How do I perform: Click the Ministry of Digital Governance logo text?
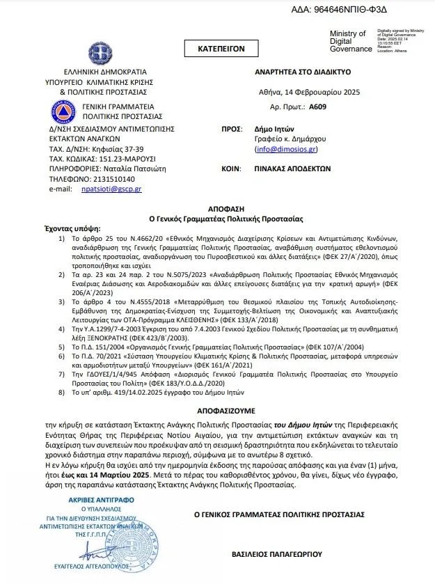tap(350, 41)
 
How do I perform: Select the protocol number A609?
tap(317, 107)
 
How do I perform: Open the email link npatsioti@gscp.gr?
tap(111, 189)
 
